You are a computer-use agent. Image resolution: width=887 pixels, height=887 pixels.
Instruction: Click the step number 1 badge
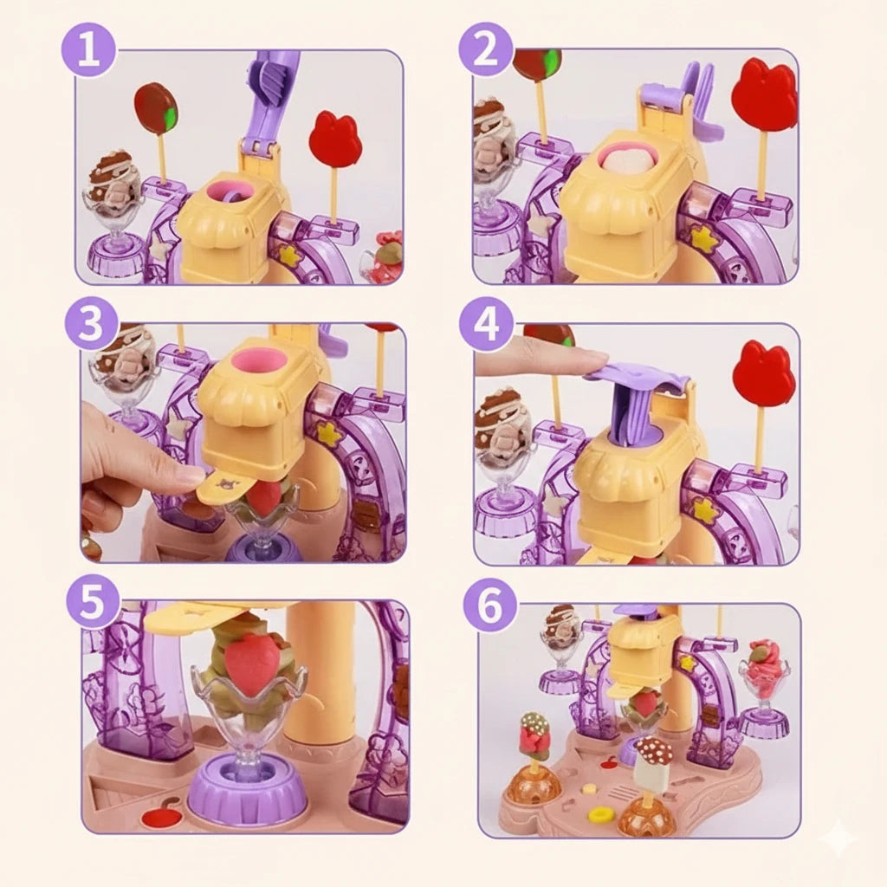click(88, 49)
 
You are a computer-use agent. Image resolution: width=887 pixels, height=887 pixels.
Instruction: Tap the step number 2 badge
click(485, 49)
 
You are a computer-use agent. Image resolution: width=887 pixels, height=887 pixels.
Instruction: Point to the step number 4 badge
click(486, 327)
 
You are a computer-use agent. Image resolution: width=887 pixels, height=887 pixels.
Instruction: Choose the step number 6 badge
click(490, 604)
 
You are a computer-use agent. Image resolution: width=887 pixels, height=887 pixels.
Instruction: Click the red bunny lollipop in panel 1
click(335, 139)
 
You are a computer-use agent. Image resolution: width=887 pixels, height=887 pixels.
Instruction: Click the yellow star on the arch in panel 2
click(702, 239)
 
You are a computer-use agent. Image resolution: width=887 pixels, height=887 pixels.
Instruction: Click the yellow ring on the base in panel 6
click(599, 814)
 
